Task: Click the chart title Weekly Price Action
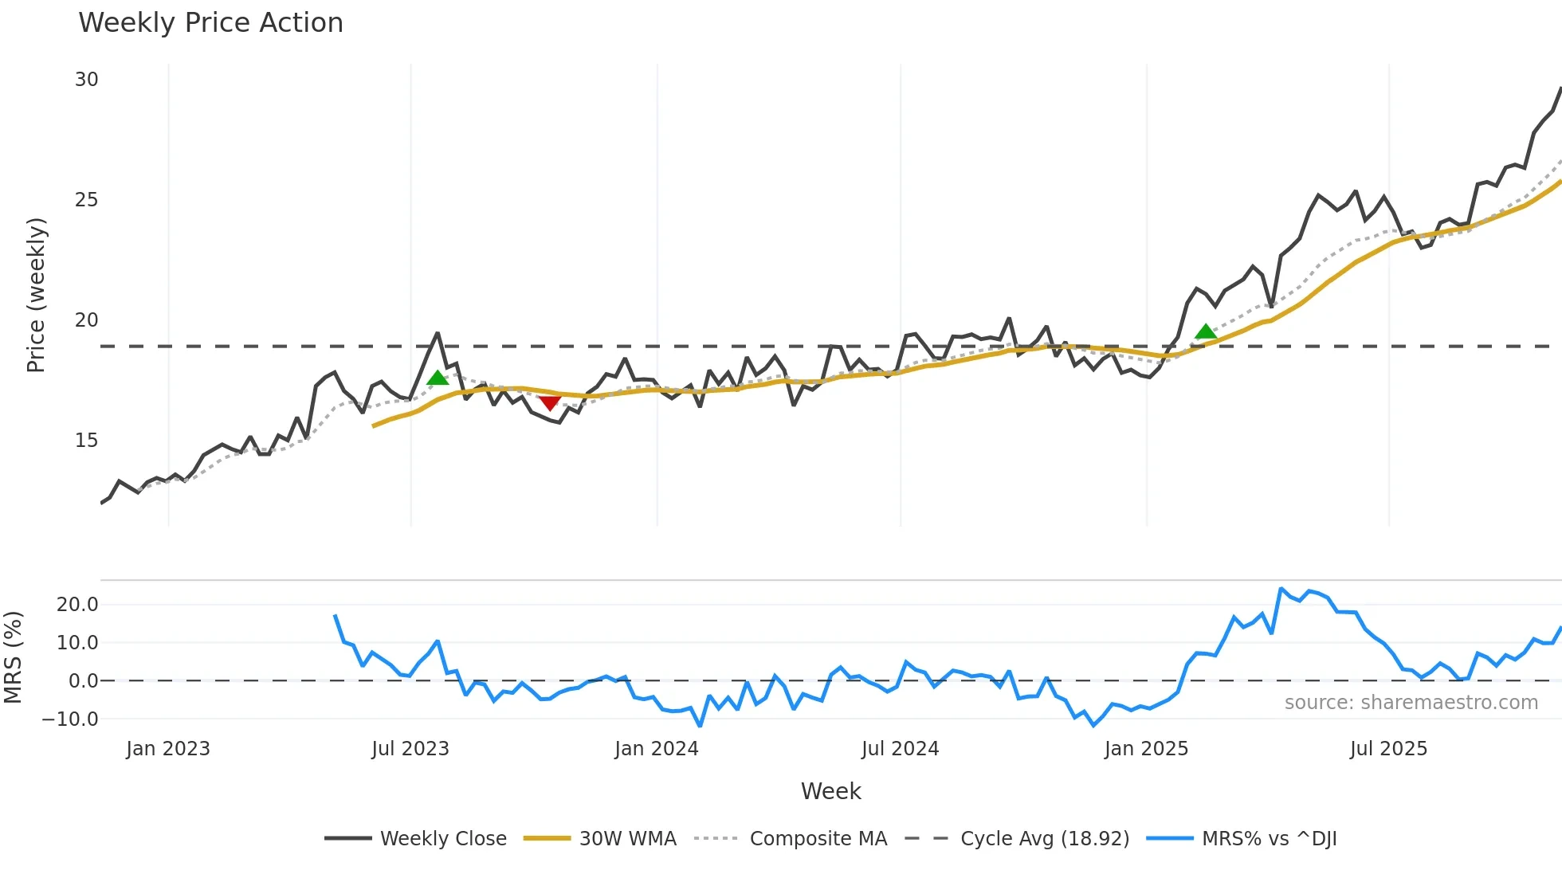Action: coord(210,23)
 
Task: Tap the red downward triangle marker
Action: coord(549,403)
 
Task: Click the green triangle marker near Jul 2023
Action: coord(438,378)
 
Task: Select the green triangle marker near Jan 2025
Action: coord(1206,331)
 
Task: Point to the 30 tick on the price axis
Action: coord(86,80)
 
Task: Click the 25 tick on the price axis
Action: coord(86,200)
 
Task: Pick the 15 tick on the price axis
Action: coord(86,441)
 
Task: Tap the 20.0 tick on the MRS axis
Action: coord(77,604)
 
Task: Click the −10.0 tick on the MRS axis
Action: coord(70,719)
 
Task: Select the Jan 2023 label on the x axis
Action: coord(168,749)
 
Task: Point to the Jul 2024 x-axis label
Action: coord(900,749)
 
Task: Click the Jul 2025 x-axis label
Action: coord(1388,749)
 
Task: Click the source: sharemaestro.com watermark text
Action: coord(1411,703)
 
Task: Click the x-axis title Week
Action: coord(830,791)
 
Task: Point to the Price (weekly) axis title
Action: coord(37,295)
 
